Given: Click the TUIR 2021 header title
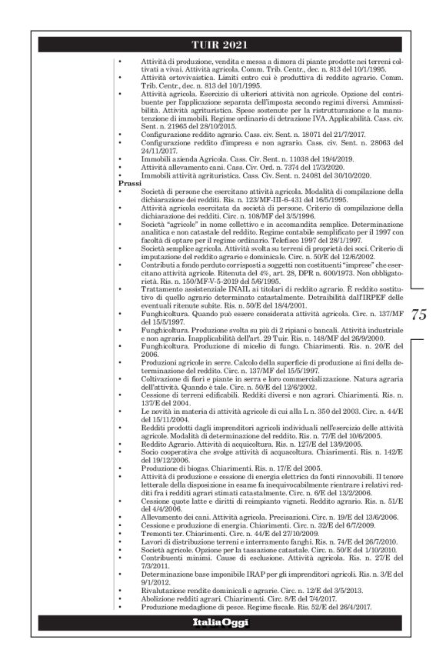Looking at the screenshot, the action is (222, 45).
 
